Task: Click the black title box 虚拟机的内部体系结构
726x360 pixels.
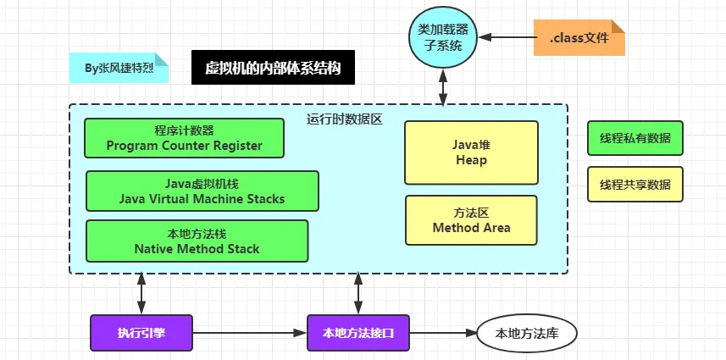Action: click(273, 68)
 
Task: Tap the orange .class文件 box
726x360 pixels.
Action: click(579, 38)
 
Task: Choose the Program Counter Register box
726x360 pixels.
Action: click(184, 138)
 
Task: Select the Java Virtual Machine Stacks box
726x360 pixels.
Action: click(202, 191)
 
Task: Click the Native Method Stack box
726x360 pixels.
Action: click(197, 241)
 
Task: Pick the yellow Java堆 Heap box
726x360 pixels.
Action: click(471, 152)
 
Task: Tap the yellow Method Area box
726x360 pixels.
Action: click(471, 220)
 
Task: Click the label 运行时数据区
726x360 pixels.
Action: click(345, 119)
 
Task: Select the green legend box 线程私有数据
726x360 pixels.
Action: click(635, 138)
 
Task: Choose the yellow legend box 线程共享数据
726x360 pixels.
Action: click(635, 184)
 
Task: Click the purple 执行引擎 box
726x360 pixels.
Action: click(141, 333)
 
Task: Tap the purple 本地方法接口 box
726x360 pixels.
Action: click(358, 333)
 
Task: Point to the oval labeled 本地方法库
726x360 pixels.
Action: click(526, 333)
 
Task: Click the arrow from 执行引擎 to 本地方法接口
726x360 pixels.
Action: click(250, 333)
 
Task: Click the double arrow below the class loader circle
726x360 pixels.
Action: click(442, 86)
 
